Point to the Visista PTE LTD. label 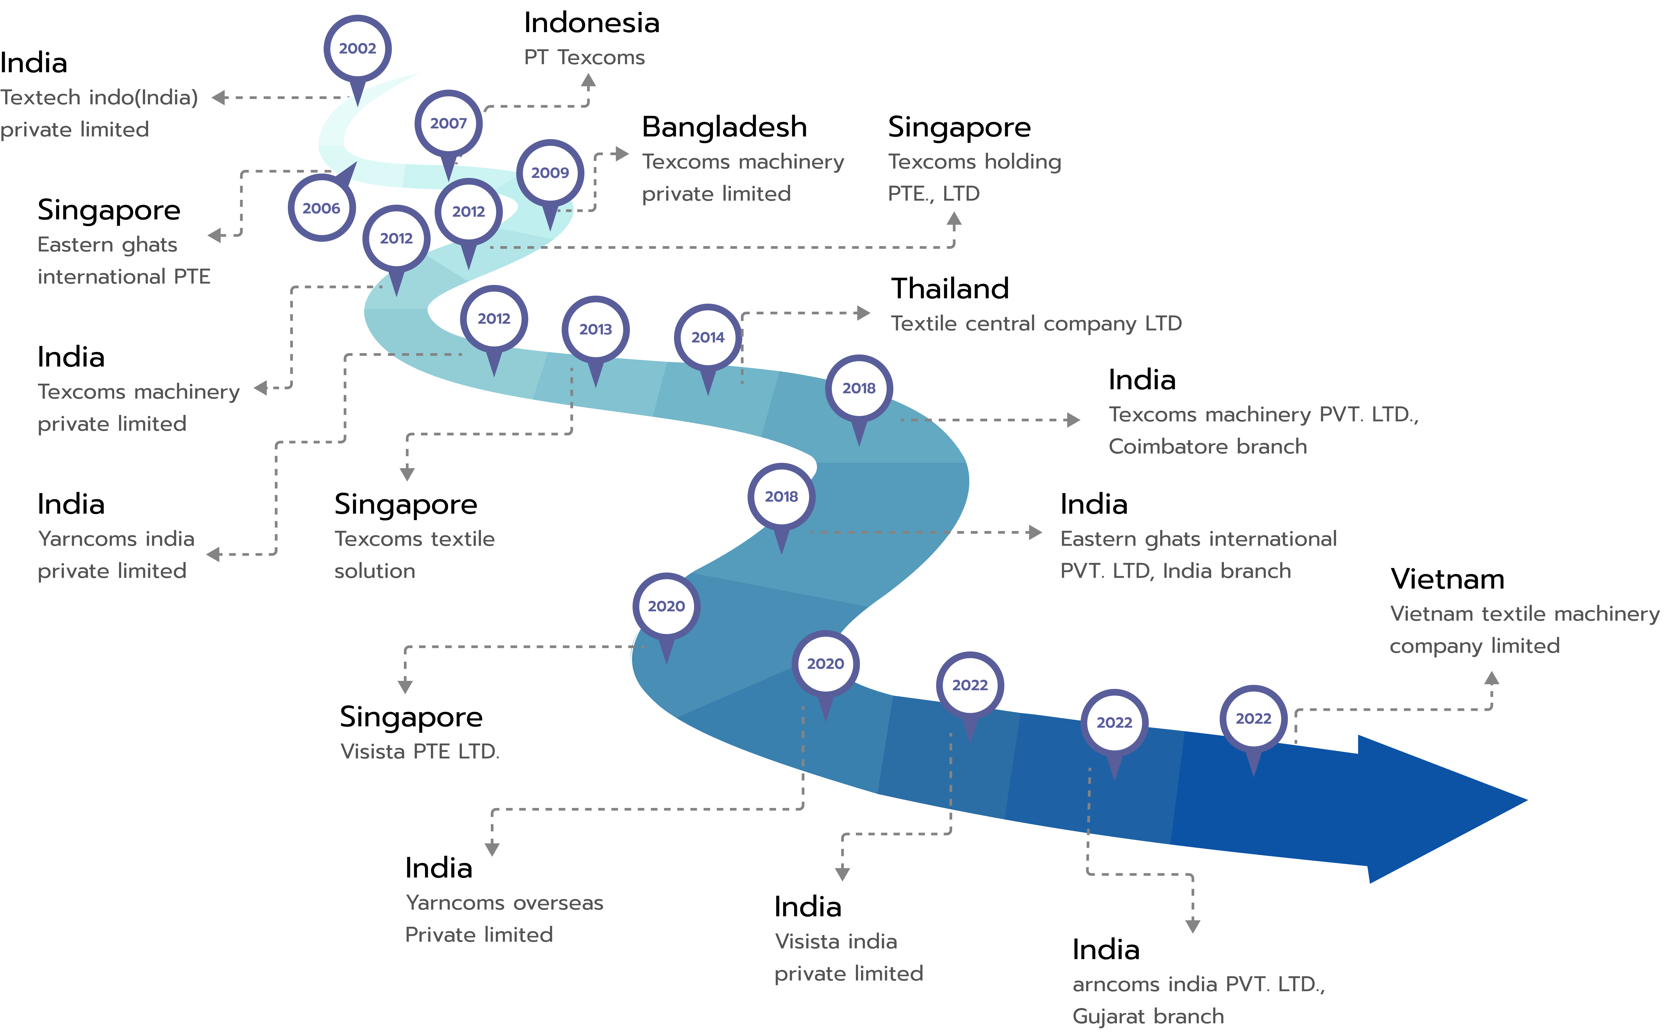(x=420, y=751)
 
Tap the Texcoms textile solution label (x=414, y=555)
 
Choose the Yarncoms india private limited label (x=116, y=555)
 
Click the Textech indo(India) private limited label (x=99, y=113)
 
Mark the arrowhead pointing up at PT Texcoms (x=588, y=81)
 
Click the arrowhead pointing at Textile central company (x=864, y=313)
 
